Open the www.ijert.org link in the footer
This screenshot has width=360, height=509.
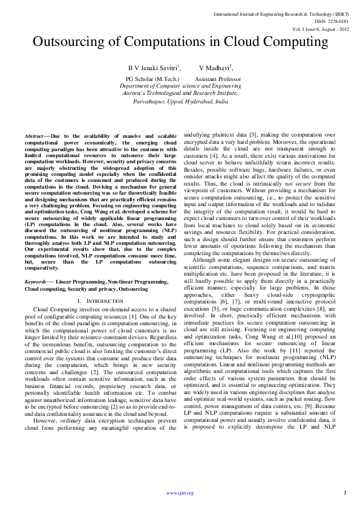(x=180, y=493)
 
